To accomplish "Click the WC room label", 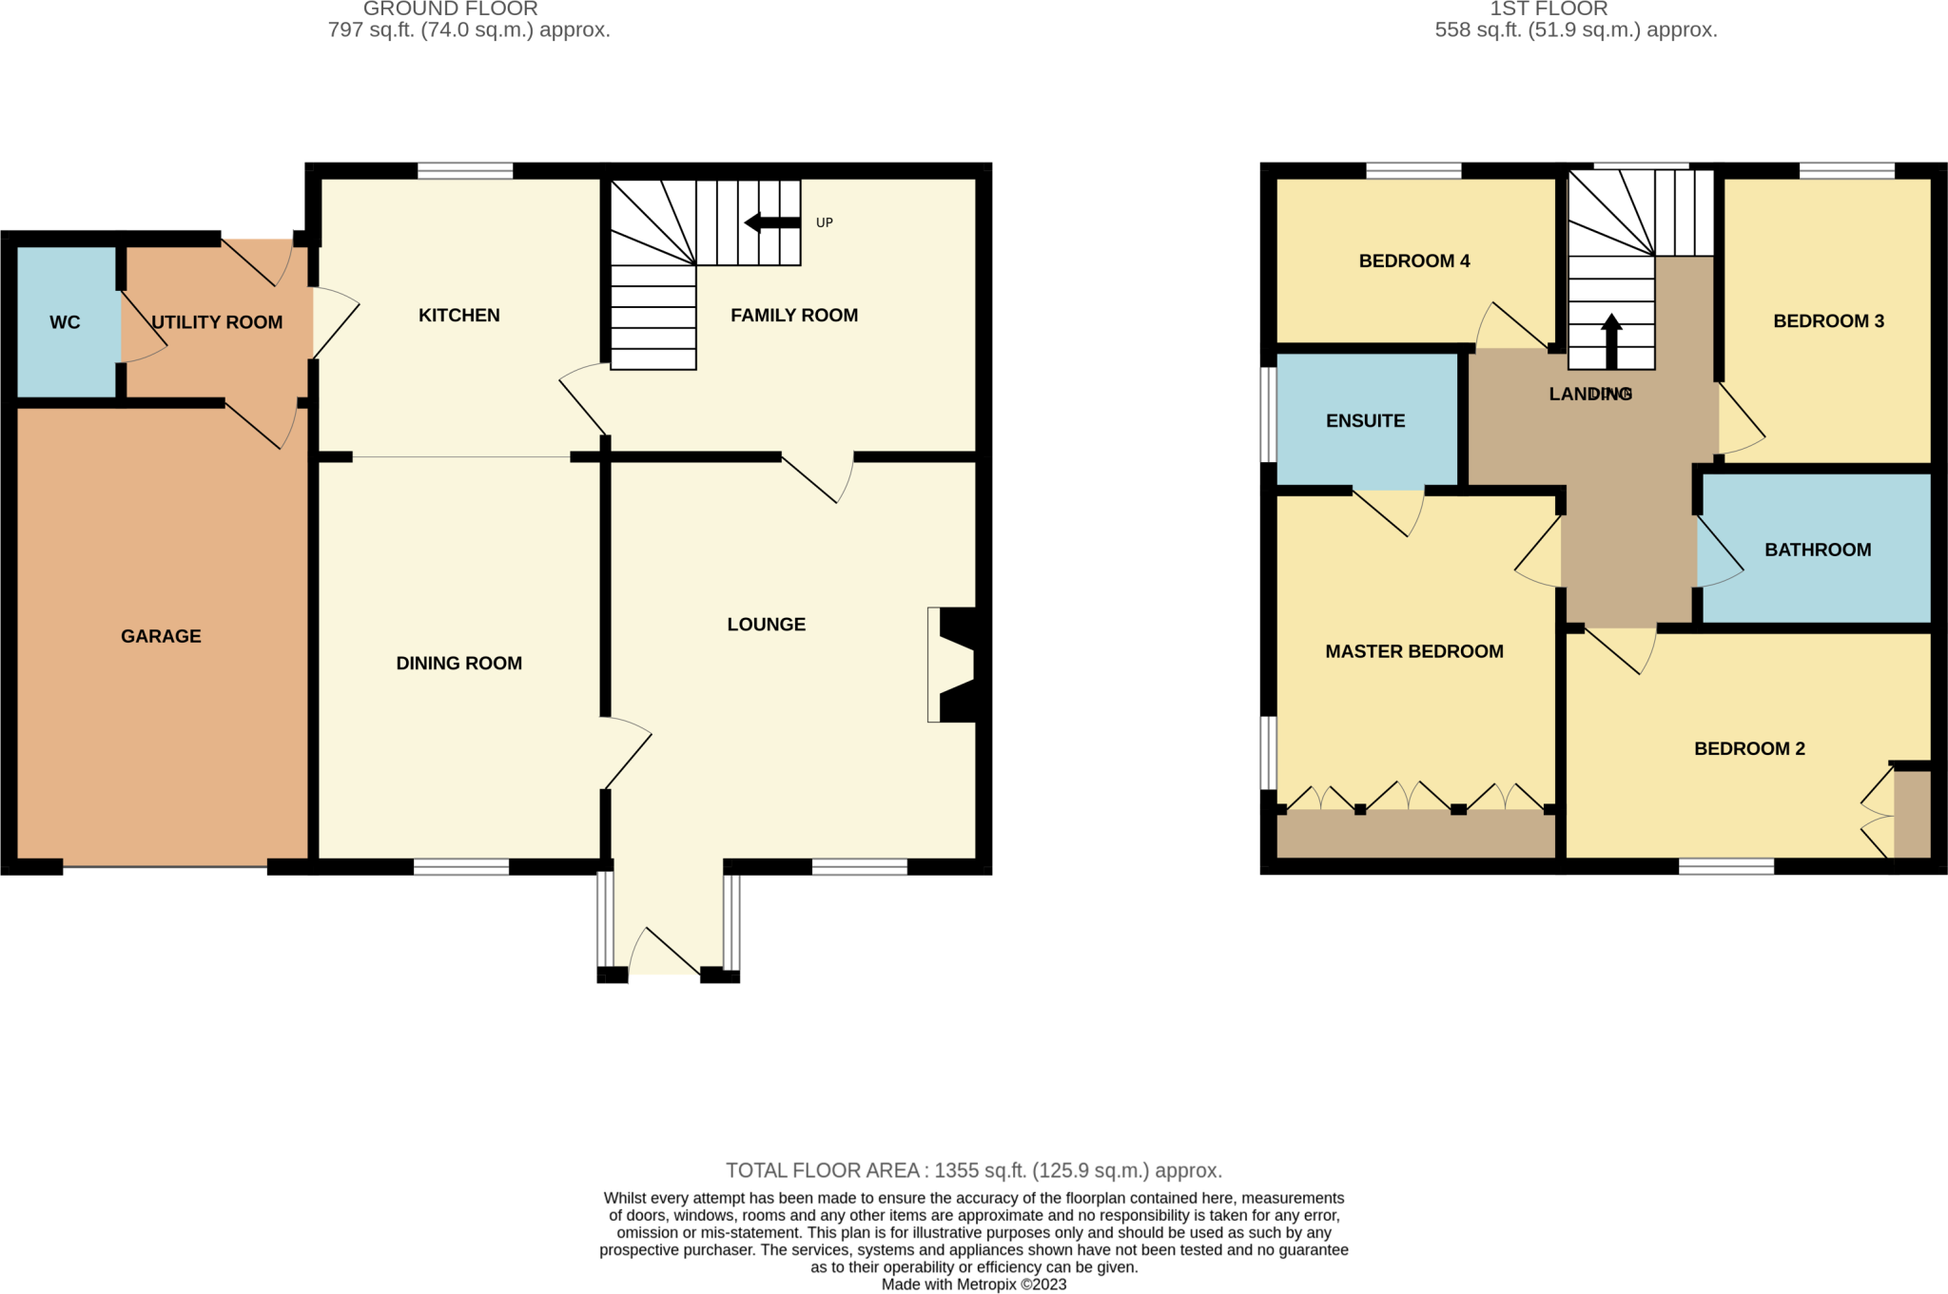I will coord(65,322).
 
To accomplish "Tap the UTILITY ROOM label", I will coord(217,322).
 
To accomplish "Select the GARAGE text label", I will coord(161,636).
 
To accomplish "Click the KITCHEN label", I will coord(458,315).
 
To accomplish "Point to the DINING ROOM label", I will coord(458,663).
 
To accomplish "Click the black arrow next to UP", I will coord(771,222).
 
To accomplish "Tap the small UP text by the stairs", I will coord(824,222).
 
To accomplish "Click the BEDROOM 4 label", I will coord(1413,261).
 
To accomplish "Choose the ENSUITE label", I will coord(1365,420).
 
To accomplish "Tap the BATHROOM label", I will coord(1817,550).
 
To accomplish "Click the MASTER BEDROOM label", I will coord(1413,651).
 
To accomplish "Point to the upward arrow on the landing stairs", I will coord(1610,340).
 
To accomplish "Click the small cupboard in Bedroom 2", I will coord(1911,814).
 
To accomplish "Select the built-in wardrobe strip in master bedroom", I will coord(1413,834).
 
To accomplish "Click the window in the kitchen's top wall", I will coord(465,171).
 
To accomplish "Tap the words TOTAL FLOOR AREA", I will coord(822,1170).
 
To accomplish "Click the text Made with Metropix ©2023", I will coord(973,1284).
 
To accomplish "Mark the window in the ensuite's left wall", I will coord(1268,415).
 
